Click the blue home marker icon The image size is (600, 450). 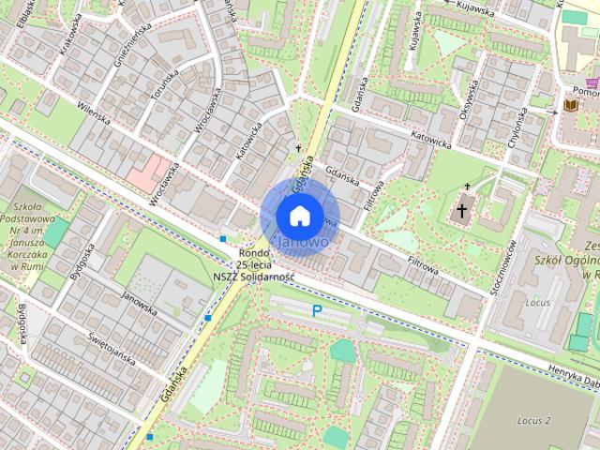tap(299, 215)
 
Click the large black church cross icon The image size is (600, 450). tap(461, 211)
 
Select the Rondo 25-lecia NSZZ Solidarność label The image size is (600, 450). tap(253, 265)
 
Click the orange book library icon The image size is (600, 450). tap(570, 105)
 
